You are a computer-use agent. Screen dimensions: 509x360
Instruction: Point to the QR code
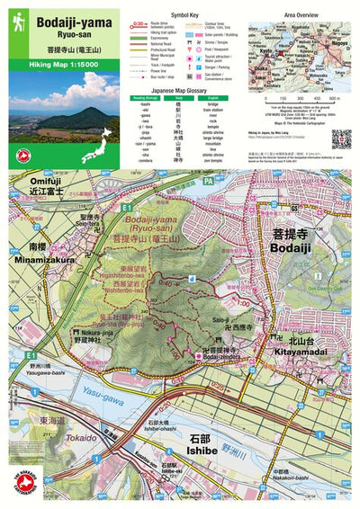[340, 138]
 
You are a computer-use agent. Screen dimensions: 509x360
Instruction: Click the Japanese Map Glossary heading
[187, 91]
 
